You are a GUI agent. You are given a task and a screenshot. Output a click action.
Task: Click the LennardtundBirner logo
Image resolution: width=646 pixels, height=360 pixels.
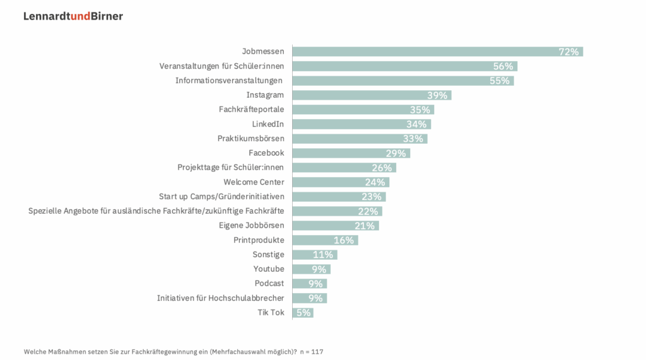pos(73,16)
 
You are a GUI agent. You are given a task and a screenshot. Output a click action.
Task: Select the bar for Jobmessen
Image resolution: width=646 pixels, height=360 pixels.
pos(437,52)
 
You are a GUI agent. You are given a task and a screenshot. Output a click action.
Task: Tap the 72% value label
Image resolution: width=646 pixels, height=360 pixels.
pos(568,52)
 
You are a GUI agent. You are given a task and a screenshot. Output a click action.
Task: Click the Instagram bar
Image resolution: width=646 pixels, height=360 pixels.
pos(372,95)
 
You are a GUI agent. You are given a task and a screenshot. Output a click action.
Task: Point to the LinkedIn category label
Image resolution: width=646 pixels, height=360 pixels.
pos(268,124)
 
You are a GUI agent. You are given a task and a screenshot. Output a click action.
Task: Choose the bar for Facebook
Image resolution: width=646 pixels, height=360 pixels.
pos(351,153)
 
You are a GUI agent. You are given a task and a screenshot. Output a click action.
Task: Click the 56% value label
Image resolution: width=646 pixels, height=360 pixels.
pos(503,66)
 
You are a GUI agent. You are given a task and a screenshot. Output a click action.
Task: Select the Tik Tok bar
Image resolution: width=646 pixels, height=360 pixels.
pos(303,313)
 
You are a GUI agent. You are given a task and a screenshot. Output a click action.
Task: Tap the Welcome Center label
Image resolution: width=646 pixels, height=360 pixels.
pos(254,182)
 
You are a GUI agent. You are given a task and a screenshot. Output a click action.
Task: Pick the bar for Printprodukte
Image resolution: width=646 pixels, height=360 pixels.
pos(325,240)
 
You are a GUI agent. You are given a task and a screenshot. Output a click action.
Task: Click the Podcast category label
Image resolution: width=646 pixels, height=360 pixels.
pos(269,284)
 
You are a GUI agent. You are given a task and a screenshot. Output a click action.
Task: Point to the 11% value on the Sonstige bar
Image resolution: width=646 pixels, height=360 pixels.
pos(322,255)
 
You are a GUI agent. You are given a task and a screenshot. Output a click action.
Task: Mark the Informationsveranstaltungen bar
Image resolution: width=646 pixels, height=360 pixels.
pos(402,81)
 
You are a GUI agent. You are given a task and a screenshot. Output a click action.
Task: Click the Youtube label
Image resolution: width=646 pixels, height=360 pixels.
pos(269,269)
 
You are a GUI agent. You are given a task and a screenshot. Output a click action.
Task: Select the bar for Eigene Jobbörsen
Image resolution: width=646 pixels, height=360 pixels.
pos(336,226)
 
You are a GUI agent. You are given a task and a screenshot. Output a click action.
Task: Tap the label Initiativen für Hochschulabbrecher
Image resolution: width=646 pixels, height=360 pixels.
pos(221,298)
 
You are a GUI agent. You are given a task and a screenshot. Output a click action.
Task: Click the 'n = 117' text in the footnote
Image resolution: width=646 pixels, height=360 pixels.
pos(312,351)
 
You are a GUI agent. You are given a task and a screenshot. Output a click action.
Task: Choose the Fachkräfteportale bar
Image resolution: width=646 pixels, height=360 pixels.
pos(363,110)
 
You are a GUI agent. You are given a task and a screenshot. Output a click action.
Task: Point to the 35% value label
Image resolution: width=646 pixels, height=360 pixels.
pos(420,110)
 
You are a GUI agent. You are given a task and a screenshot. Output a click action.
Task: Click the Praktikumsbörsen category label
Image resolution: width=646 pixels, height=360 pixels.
pos(251,139)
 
